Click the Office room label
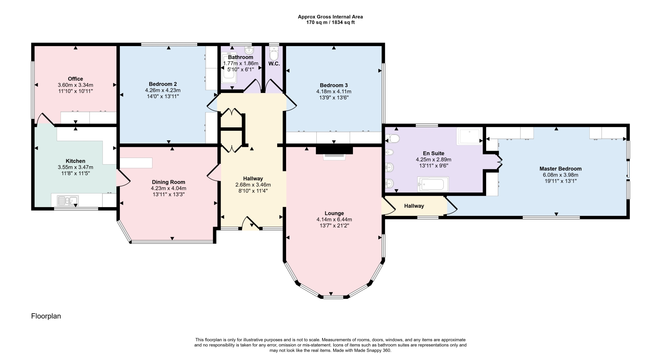(75, 79)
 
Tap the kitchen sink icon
(68, 200)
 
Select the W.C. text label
(274, 64)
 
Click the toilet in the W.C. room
(274, 55)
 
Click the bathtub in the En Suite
(433, 184)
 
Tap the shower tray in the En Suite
(470, 136)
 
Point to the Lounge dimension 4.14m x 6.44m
(334, 219)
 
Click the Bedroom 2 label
(163, 84)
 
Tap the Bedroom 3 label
(334, 85)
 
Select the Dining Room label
(168, 182)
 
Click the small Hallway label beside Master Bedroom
(414, 206)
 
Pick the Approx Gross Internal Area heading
(330, 17)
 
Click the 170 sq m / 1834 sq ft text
(330, 22)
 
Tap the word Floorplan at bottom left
(46, 316)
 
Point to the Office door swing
(45, 119)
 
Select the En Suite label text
(433, 153)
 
